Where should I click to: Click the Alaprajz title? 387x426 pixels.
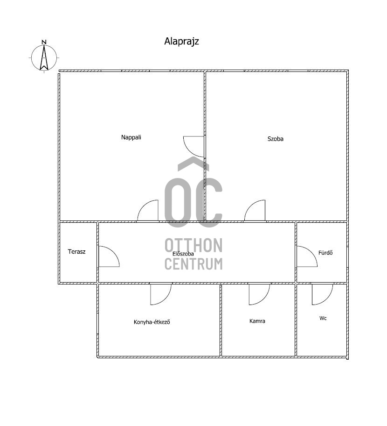pos(181,42)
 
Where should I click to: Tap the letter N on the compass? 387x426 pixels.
pos(44,42)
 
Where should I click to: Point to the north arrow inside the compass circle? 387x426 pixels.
pos(44,57)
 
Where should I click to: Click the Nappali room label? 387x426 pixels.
pos(131,137)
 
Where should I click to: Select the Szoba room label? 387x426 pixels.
pos(275,139)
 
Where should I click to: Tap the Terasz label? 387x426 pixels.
pos(76,252)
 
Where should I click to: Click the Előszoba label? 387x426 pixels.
pos(183,254)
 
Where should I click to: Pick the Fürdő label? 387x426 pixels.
pos(325,253)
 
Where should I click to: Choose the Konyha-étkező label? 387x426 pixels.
pos(152,322)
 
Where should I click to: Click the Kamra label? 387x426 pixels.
pos(257,321)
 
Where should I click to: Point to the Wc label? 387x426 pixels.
pos(323,318)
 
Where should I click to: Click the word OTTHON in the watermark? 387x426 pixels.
pos(193,245)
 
